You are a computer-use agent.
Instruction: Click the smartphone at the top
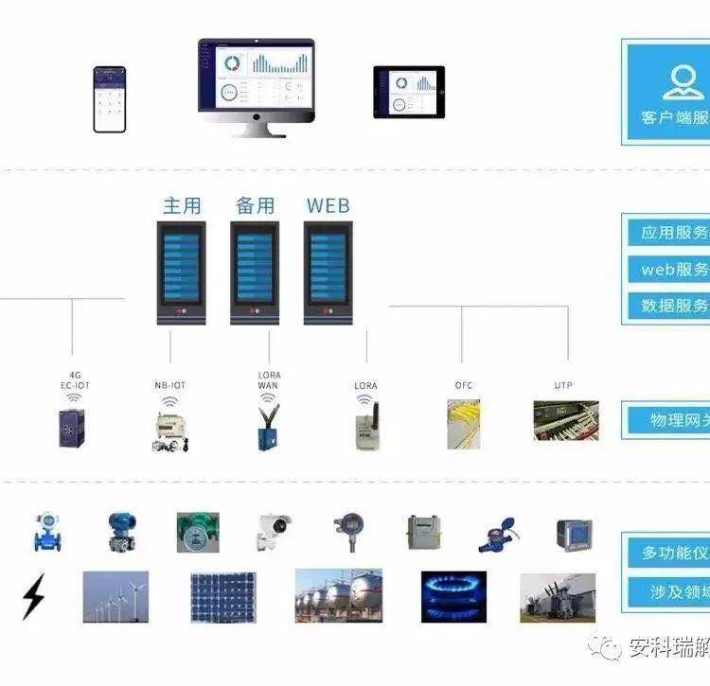point(110,98)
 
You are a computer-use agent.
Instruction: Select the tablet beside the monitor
point(409,92)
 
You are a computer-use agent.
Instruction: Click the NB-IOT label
point(170,385)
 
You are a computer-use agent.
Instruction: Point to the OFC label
point(464,385)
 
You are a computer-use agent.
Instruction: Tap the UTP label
point(564,385)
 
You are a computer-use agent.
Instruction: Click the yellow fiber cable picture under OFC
point(464,423)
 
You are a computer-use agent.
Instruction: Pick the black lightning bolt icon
point(33,597)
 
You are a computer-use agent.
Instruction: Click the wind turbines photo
point(115,596)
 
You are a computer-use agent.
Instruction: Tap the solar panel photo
point(222,597)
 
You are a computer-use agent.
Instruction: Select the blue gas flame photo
point(453,596)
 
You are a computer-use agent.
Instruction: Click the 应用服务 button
point(673,233)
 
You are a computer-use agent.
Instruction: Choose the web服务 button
point(673,269)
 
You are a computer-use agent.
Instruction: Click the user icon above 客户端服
point(684,82)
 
